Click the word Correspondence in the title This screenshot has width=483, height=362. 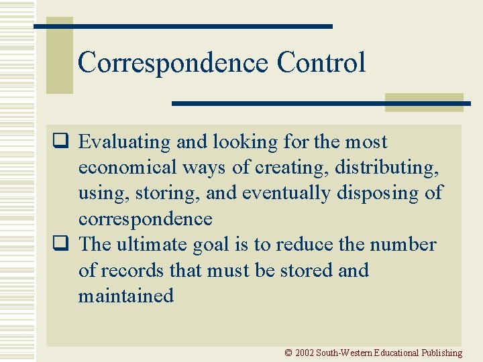coord(172,63)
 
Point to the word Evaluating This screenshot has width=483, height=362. coord(125,142)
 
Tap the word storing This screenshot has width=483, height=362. coord(168,193)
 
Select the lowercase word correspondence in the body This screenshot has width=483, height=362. coord(145,219)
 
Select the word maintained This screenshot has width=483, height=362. coord(125,296)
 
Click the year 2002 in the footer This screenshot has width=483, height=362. coord(305,353)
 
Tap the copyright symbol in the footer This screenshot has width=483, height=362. coord(288,353)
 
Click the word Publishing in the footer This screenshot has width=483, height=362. coord(442,353)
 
